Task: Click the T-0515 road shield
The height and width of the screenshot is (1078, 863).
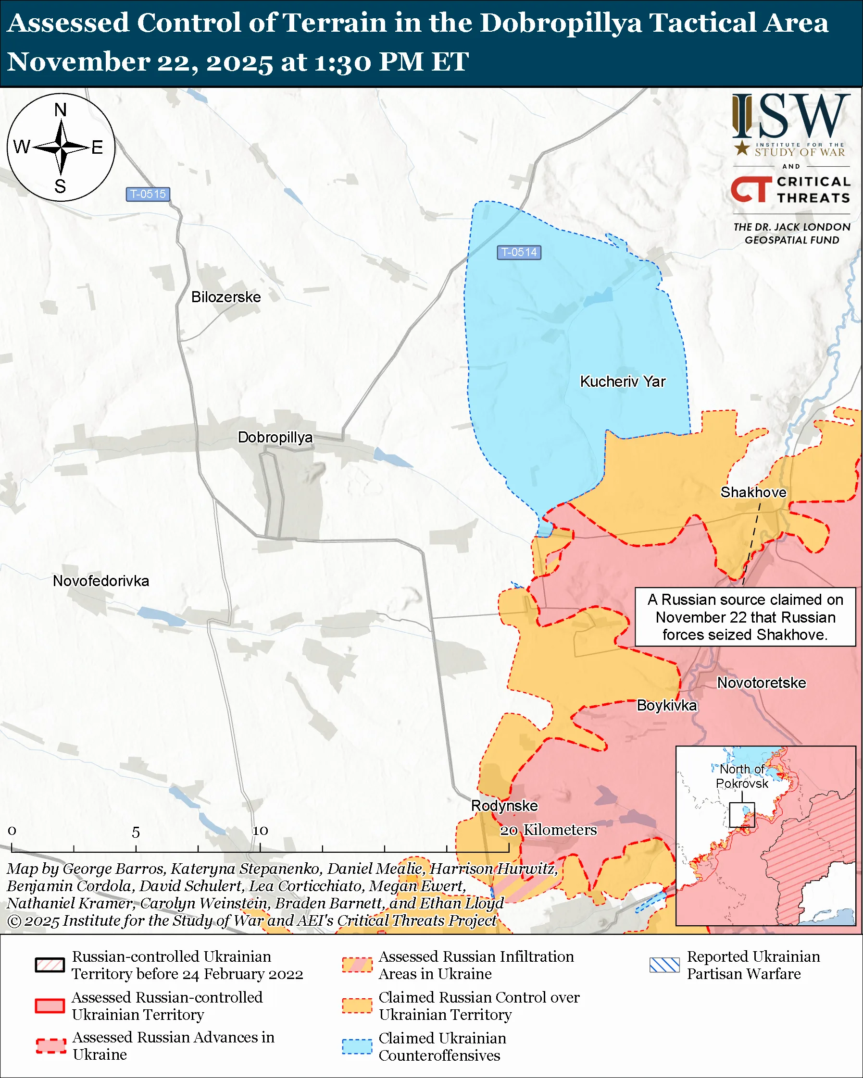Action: pyautogui.click(x=148, y=194)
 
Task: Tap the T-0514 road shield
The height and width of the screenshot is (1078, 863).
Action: pyautogui.click(x=519, y=253)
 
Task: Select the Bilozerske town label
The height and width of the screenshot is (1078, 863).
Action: pyautogui.click(x=226, y=297)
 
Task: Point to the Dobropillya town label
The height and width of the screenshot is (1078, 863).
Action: pyautogui.click(x=275, y=438)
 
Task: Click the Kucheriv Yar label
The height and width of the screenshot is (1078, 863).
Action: pyautogui.click(x=622, y=381)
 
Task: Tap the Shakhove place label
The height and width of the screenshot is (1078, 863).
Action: pyautogui.click(x=753, y=492)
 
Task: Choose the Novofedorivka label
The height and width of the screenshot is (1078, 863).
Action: pyautogui.click(x=101, y=581)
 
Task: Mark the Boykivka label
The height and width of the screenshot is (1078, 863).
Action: pyautogui.click(x=666, y=706)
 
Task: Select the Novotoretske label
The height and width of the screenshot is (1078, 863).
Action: pyautogui.click(x=762, y=683)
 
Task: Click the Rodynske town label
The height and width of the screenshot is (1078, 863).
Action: pyautogui.click(x=504, y=806)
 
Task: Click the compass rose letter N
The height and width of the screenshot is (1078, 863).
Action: pyautogui.click(x=61, y=110)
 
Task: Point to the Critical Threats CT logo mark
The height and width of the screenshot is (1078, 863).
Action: pyautogui.click(x=751, y=189)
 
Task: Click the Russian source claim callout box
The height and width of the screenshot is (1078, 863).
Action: pyautogui.click(x=745, y=617)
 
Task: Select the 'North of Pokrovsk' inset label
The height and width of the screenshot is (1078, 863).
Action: pyautogui.click(x=741, y=776)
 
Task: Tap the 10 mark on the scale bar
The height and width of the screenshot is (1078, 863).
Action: pyautogui.click(x=260, y=831)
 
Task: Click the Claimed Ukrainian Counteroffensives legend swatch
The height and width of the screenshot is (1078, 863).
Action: pyautogui.click(x=357, y=1046)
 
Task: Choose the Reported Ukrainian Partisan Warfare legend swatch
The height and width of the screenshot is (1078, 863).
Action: pyautogui.click(x=664, y=965)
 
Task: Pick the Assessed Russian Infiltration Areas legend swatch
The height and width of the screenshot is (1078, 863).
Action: pyautogui.click(x=357, y=965)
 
